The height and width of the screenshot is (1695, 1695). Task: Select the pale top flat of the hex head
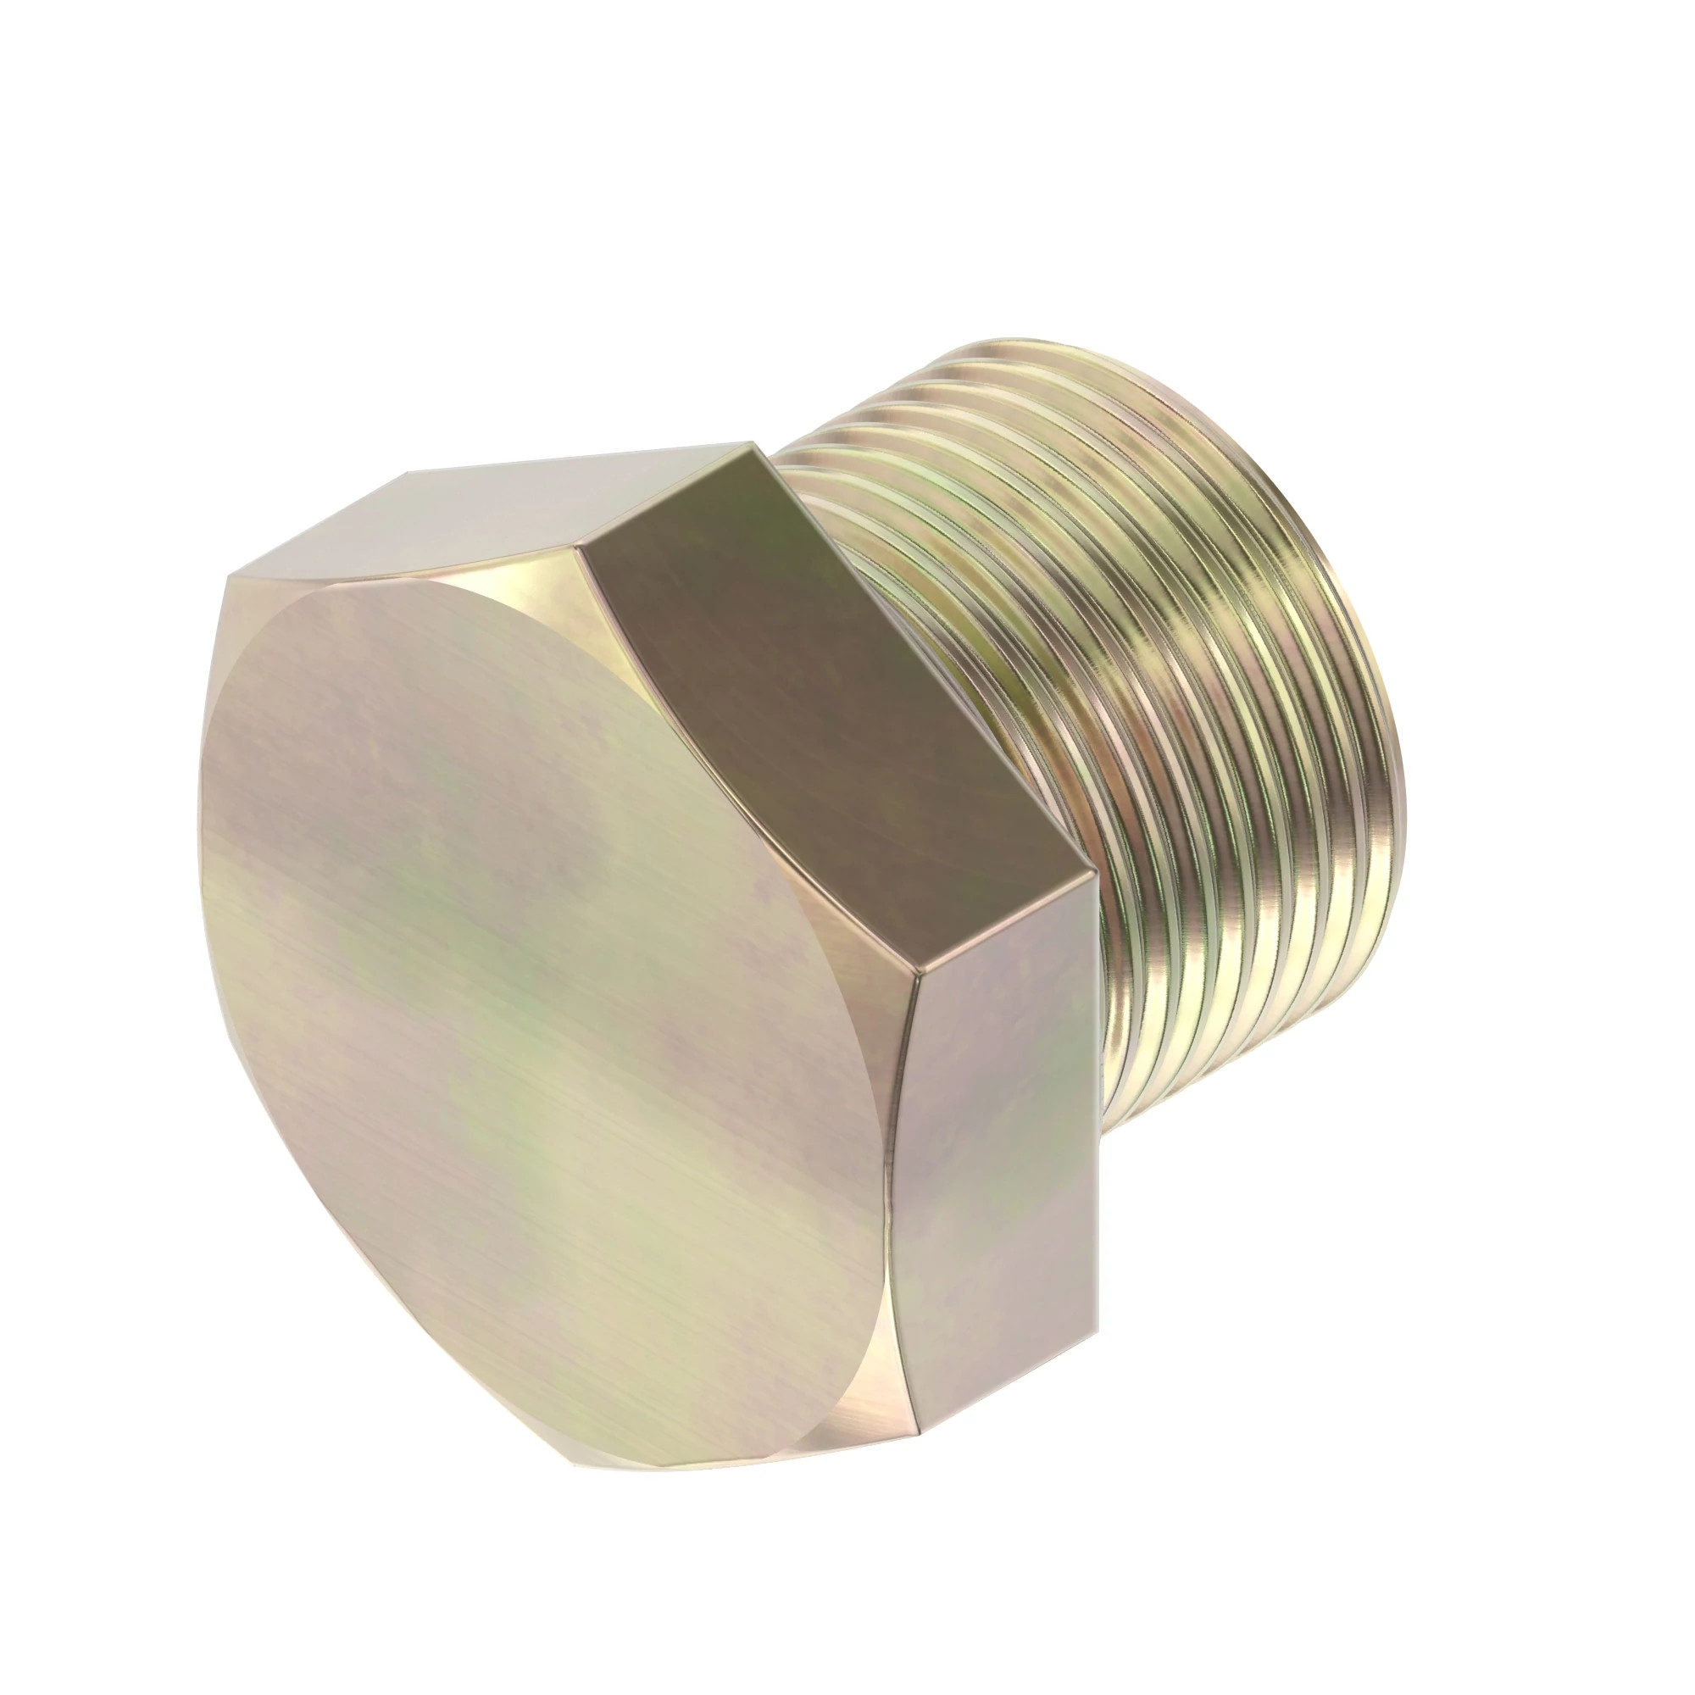click(492, 518)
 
